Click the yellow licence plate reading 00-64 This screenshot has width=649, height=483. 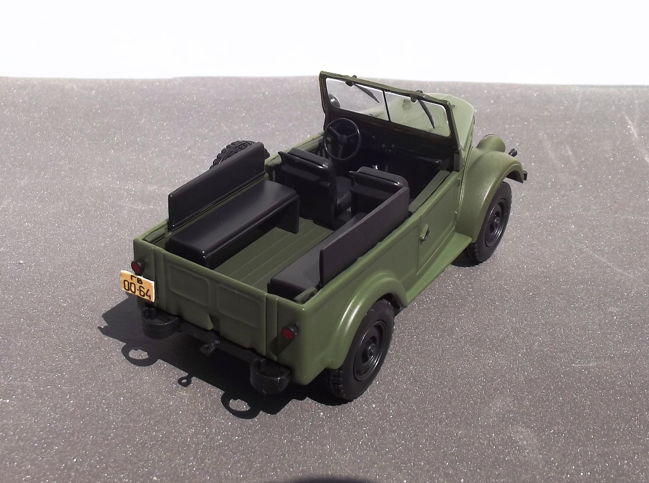tap(138, 285)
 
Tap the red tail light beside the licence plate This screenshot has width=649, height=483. tap(137, 267)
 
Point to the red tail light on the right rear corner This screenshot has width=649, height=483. tap(289, 332)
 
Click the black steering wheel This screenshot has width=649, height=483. tap(342, 139)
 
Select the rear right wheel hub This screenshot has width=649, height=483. tap(369, 350)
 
